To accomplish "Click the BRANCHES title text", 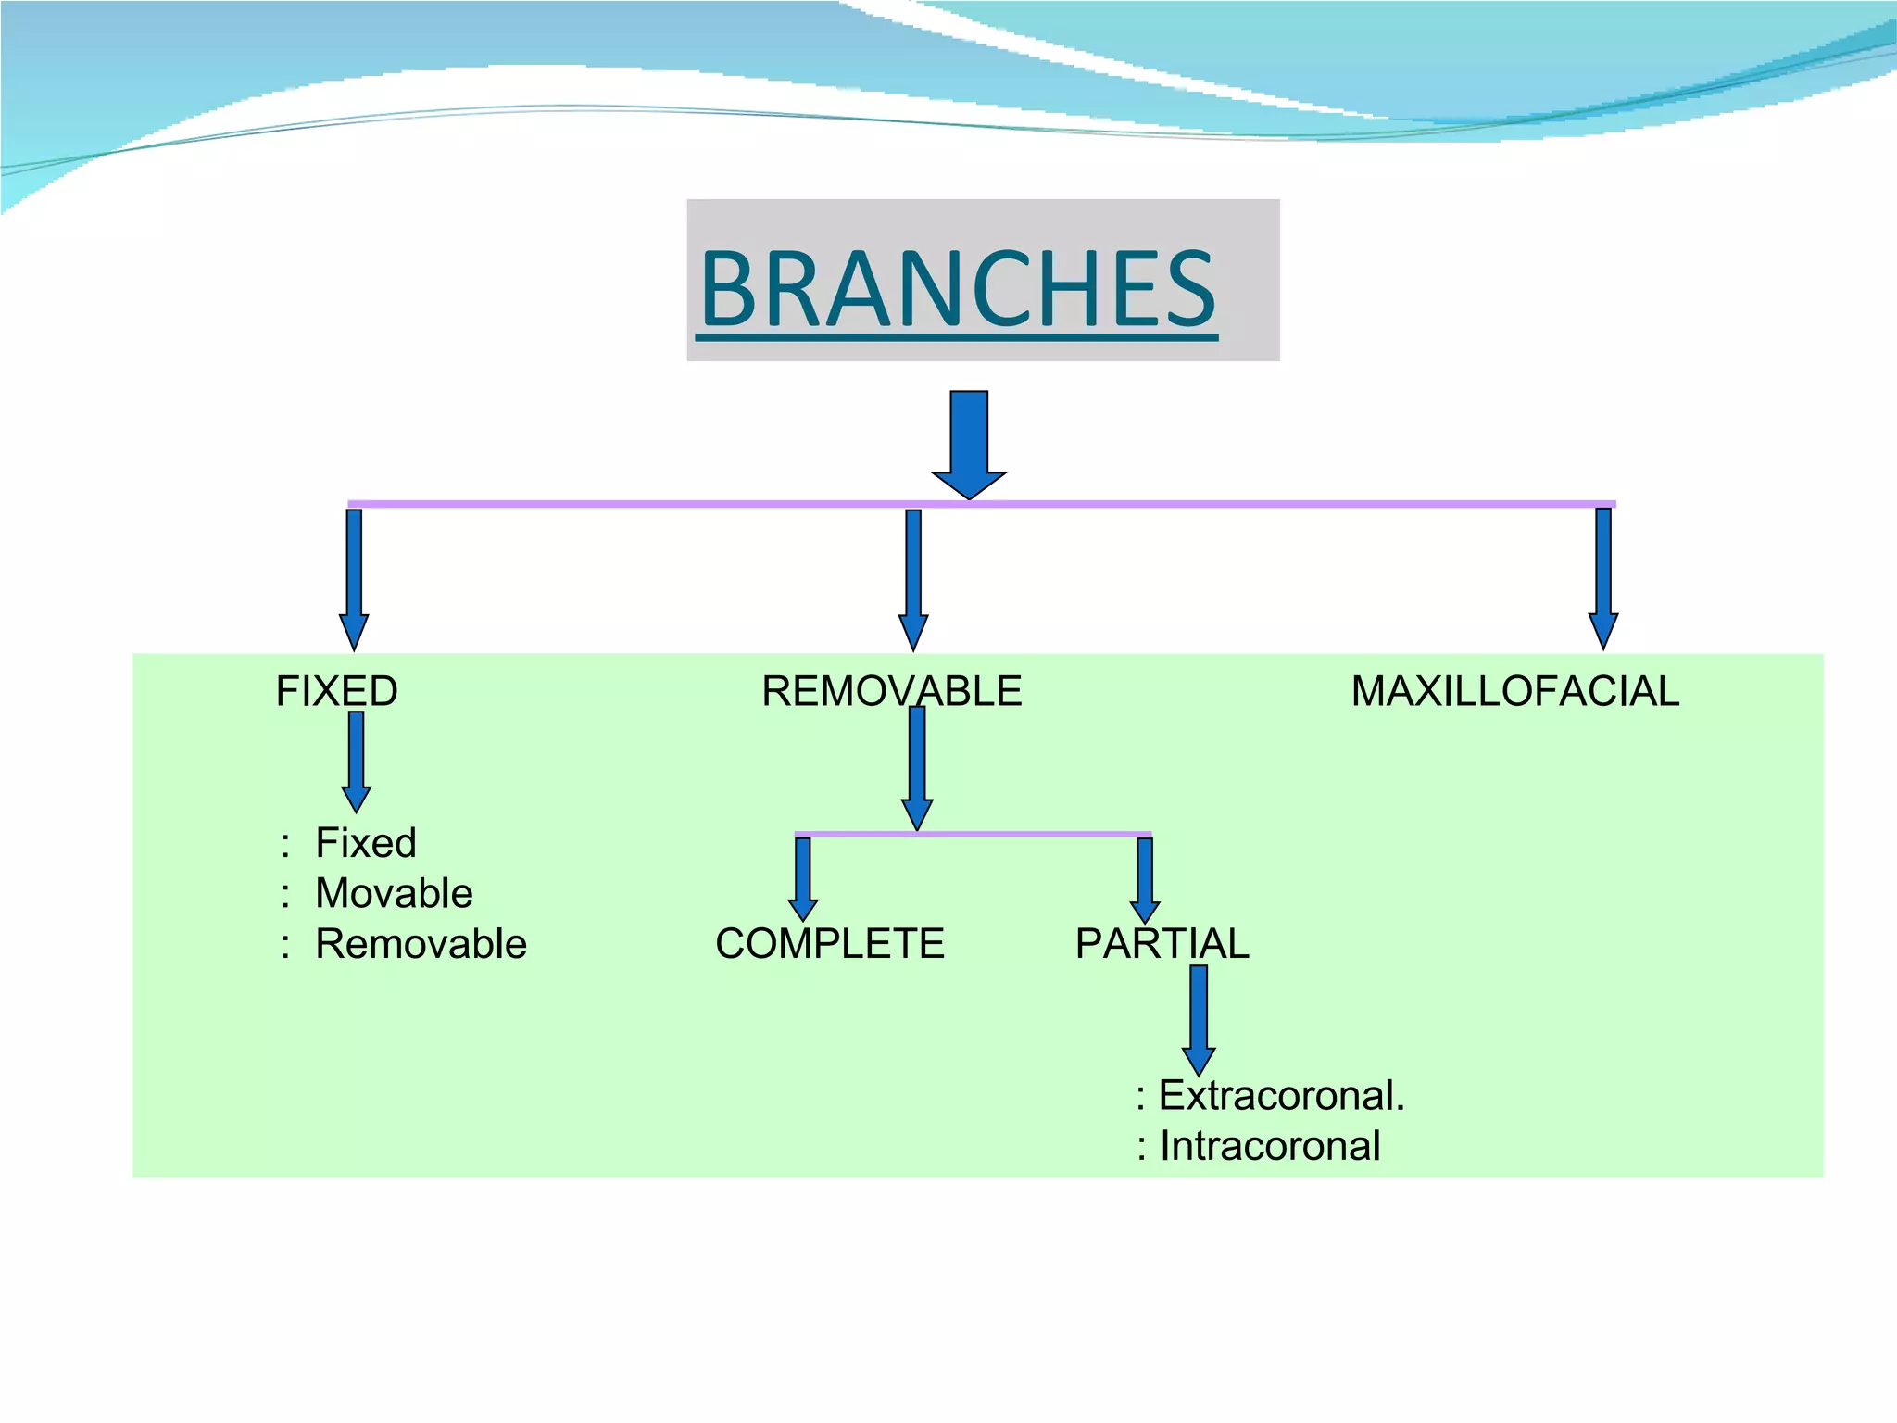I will pos(958,289).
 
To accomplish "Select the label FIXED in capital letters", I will pos(337,691).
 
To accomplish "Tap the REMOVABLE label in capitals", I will pos(891,691).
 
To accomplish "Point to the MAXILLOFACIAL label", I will pos(1514,691).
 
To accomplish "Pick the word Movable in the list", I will pos(394,893).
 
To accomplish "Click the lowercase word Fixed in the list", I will pos(366,843).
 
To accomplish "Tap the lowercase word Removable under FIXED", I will pos(421,944).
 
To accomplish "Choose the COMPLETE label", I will pos(830,944).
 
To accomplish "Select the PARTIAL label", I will pos(1162,944).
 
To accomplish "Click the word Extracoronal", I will pos(1281,1096).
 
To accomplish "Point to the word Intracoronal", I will pos(1270,1146).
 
